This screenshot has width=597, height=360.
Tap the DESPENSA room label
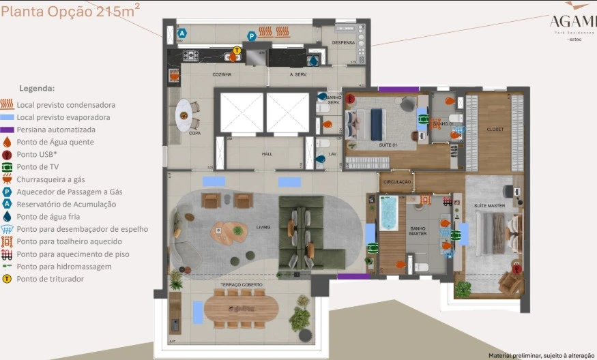click(x=343, y=42)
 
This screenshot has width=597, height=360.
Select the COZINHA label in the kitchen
click(x=222, y=74)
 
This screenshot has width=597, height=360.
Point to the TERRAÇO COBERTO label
click(x=237, y=284)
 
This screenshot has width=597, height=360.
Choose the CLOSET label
click(x=495, y=129)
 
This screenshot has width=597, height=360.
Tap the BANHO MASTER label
click(x=418, y=230)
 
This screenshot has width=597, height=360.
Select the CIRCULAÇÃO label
click(x=396, y=182)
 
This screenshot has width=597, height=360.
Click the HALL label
click(x=267, y=154)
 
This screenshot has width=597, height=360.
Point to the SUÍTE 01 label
click(x=388, y=145)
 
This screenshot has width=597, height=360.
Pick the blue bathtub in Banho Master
click(x=388, y=213)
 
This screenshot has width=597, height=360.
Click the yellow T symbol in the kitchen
click(x=237, y=50)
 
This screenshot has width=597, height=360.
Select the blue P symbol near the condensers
click(x=251, y=36)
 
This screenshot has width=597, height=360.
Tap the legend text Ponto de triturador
click(x=50, y=279)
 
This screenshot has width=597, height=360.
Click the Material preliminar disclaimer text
click(x=540, y=355)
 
